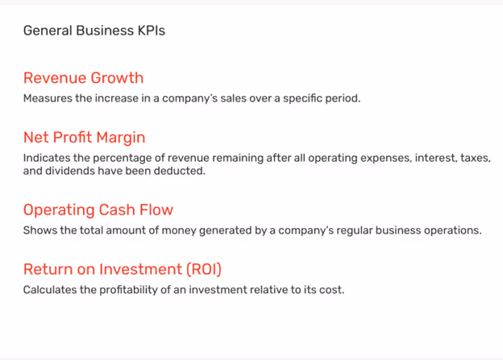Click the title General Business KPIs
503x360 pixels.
point(94,31)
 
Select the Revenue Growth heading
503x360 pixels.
point(83,78)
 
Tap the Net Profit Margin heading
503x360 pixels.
point(84,138)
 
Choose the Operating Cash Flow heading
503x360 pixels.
point(98,210)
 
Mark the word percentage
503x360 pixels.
point(131,159)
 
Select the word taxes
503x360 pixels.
point(475,159)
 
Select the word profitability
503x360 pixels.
point(116,290)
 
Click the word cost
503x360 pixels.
point(332,290)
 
